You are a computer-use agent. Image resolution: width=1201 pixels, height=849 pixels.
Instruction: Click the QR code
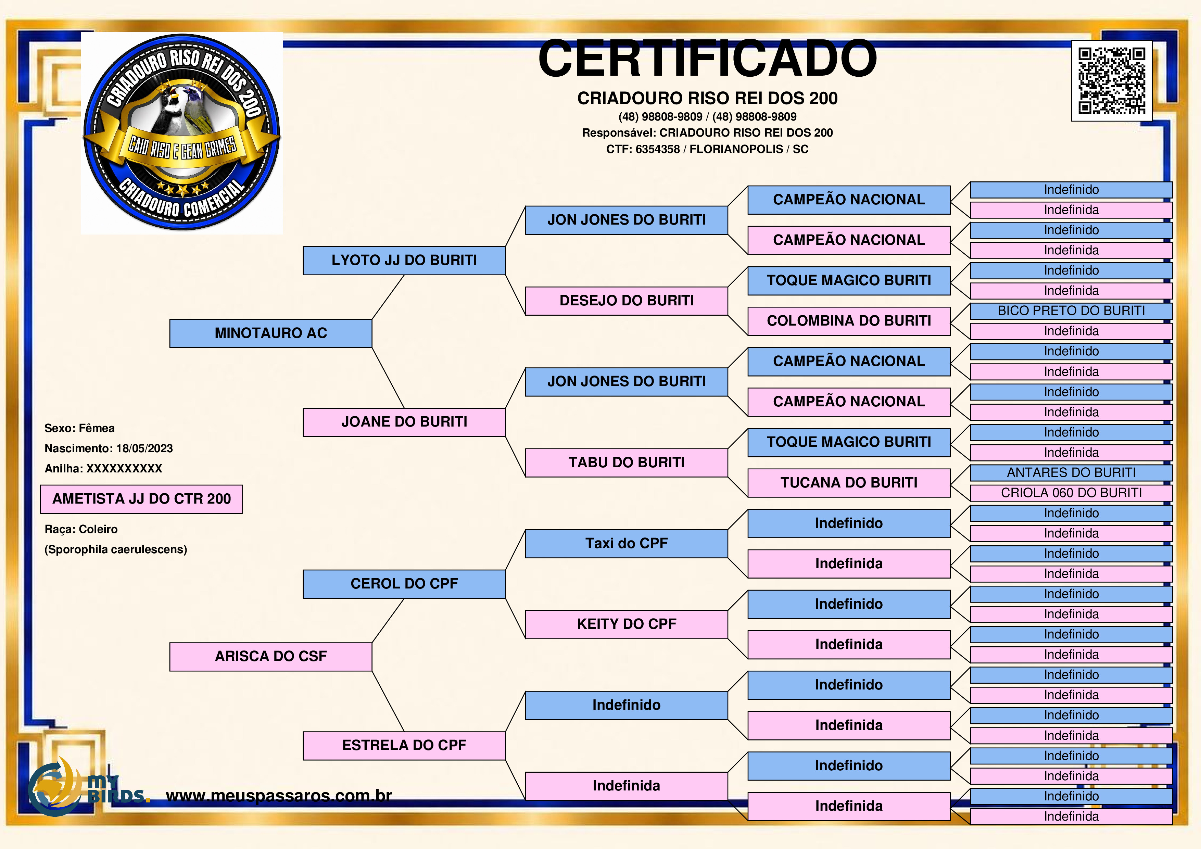[x=1112, y=81]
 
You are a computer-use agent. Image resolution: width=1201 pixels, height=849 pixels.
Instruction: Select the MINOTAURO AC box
[x=271, y=333]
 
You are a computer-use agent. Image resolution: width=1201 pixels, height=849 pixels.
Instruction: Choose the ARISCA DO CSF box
[x=271, y=657]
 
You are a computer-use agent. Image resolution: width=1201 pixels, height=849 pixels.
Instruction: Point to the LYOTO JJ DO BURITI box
[x=404, y=261]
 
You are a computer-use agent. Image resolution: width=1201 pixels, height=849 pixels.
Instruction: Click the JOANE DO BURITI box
[x=404, y=422]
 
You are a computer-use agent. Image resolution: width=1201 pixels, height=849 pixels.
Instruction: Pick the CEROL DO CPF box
[x=404, y=584]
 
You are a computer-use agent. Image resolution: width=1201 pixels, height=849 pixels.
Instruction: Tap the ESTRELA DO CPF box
[x=404, y=745]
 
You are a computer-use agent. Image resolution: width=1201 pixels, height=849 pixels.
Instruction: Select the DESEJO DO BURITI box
[x=627, y=301]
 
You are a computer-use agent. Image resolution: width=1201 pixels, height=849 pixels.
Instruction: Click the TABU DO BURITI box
[x=627, y=462]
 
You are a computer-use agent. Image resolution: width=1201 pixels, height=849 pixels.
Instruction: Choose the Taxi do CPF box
[x=627, y=544]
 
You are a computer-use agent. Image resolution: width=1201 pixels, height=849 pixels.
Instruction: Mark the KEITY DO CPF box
[x=627, y=624]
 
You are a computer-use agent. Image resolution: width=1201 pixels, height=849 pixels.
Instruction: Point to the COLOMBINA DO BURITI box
[x=849, y=321]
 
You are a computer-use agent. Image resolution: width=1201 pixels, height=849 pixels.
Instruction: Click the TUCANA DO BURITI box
[x=849, y=483]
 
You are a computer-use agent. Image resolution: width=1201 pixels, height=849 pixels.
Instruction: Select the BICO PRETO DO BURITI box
[x=1071, y=311]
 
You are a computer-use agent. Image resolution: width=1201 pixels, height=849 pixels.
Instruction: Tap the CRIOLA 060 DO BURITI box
[x=1071, y=493]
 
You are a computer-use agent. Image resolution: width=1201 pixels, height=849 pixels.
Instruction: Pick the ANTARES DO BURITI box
[x=1071, y=473]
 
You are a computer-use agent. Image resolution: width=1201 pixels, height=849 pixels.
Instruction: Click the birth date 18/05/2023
[x=144, y=448]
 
